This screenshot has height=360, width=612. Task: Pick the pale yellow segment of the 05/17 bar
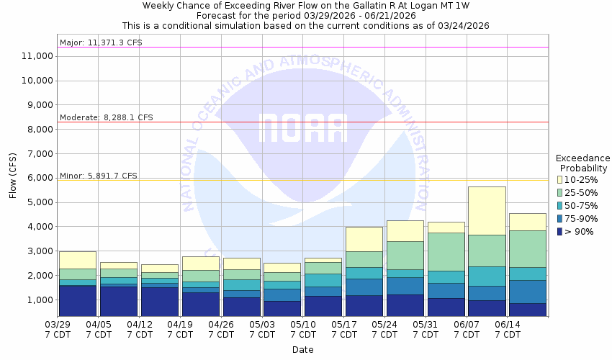tap(365, 239)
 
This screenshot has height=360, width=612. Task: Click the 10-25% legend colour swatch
tap(559, 179)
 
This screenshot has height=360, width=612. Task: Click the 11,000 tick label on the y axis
tap(36, 56)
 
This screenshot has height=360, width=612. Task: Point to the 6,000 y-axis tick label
tap(39, 178)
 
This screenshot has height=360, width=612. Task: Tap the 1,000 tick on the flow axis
tap(39, 300)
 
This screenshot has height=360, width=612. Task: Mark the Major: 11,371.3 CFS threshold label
tap(101, 42)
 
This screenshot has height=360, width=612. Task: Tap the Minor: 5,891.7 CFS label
tap(98, 176)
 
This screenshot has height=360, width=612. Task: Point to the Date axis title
tap(302, 350)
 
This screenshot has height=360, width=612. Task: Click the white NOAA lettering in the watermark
tap(303, 128)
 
